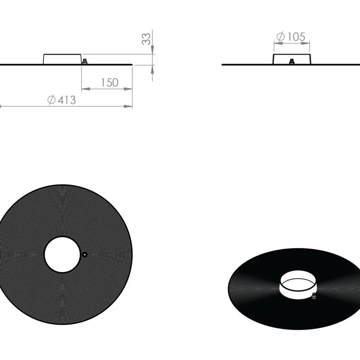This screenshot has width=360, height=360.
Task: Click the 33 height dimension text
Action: (x=146, y=39)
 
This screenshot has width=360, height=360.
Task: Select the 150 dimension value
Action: (x=110, y=83)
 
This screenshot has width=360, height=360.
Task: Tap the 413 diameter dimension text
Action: (x=67, y=100)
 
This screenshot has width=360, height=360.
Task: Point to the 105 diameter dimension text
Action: (x=296, y=37)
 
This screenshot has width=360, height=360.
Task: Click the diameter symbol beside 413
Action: (x=52, y=100)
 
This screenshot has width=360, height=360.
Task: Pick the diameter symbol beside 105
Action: (x=281, y=37)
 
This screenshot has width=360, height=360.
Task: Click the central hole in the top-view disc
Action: (x=62, y=255)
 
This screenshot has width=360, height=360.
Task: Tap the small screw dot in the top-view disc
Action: (x=85, y=255)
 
